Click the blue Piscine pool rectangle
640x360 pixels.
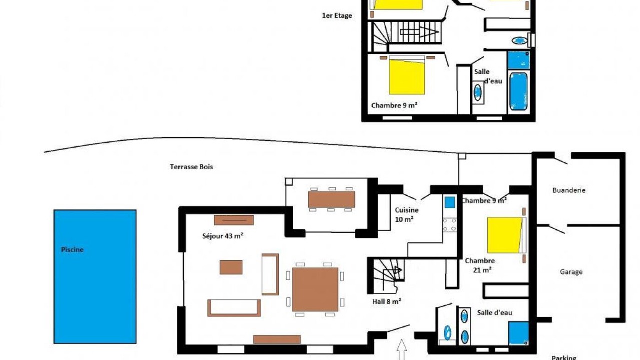pyautogui.click(x=95, y=277)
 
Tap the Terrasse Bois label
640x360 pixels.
pyautogui.click(x=191, y=167)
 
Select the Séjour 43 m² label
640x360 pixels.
pyautogui.click(x=223, y=236)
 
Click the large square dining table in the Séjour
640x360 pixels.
pyautogui.click(x=315, y=289)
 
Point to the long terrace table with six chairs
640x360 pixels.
pyautogui.click(x=331, y=199)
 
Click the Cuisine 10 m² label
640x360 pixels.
pyautogui.click(x=406, y=215)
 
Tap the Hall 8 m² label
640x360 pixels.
pyautogui.click(x=387, y=301)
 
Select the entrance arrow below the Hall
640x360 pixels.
pyautogui.click(x=402, y=349)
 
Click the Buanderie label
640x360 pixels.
pyautogui.click(x=569, y=190)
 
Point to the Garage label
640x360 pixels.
pyautogui.click(x=571, y=272)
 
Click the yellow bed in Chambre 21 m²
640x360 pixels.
pyautogui.click(x=505, y=235)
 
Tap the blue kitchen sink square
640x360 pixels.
pyautogui.click(x=450, y=202)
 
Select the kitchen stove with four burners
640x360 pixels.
pyautogui.click(x=449, y=225)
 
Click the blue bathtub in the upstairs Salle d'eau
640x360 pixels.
pyautogui.click(x=518, y=91)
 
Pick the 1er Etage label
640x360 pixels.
pyautogui.click(x=337, y=16)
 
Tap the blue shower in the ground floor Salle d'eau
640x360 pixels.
pyautogui.click(x=518, y=333)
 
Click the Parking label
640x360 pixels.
pyautogui.click(x=564, y=357)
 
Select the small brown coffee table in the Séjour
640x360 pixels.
pyautogui.click(x=231, y=267)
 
